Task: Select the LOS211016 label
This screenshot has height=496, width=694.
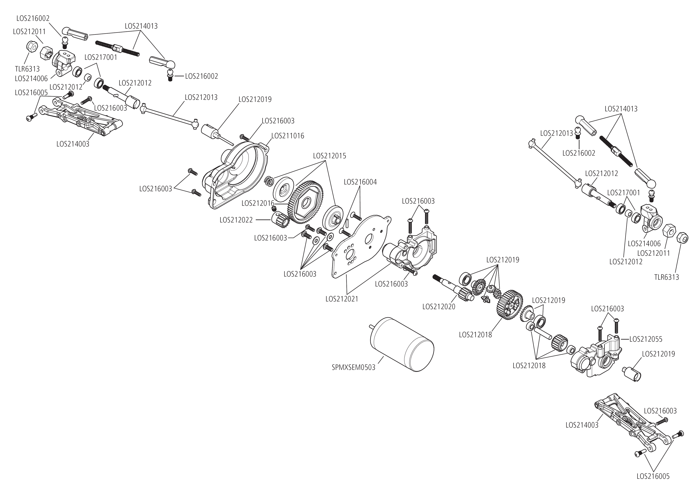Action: (288, 136)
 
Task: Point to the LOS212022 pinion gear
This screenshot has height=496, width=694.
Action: (281, 220)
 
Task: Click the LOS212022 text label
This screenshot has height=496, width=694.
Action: (236, 220)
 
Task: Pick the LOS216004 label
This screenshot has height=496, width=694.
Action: (360, 182)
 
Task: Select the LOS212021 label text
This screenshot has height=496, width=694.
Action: (341, 299)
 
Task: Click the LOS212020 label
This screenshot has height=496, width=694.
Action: (439, 307)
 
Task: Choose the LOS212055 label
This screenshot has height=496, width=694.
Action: (646, 339)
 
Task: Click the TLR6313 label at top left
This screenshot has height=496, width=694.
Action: (27, 69)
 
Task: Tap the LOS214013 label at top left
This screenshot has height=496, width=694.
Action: (141, 26)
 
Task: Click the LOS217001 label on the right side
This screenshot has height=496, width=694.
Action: (623, 193)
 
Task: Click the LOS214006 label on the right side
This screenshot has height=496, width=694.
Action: (644, 243)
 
